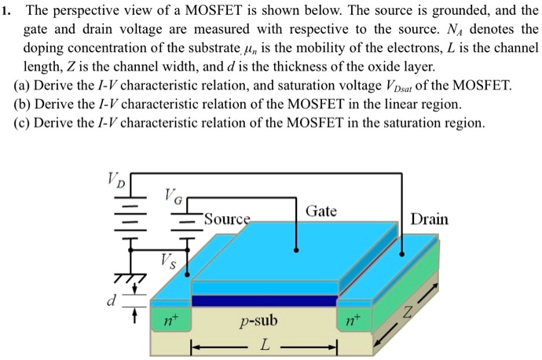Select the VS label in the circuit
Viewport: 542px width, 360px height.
(x=169, y=260)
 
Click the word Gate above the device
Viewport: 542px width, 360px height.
(x=321, y=211)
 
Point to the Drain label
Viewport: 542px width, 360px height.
(x=429, y=219)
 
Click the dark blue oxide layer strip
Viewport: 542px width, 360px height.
(x=264, y=300)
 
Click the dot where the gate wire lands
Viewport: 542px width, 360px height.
(x=296, y=251)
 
